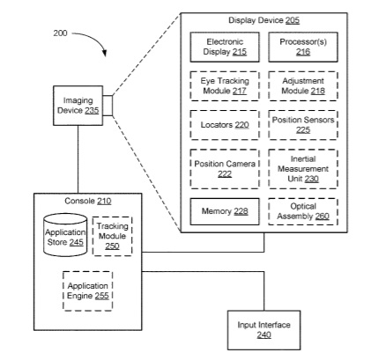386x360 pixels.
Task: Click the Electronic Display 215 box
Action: pos(225,47)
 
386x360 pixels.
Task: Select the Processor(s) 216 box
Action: pos(303,47)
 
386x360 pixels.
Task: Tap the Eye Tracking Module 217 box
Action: pos(225,86)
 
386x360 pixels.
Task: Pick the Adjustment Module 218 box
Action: pos(303,86)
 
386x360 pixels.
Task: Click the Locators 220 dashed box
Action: pos(225,125)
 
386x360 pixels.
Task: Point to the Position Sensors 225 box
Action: pos(303,125)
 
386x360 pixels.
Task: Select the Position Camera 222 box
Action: pos(225,169)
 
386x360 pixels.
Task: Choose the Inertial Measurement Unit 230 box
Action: pos(303,169)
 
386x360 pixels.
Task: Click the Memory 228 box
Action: pos(225,211)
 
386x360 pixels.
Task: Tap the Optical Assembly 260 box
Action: pos(303,211)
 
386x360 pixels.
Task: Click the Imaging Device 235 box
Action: pos(78,106)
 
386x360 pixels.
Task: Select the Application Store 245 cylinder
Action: pos(65,235)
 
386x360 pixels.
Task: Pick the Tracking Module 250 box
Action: pos(112,236)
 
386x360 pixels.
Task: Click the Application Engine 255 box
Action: pos(87,290)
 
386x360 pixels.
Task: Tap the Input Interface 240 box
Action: pos(264,330)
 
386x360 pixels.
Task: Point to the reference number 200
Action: pos(60,33)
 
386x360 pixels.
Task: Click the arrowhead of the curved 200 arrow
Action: pos(104,53)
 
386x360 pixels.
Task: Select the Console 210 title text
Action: pos(88,201)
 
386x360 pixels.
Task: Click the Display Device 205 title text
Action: pos(264,20)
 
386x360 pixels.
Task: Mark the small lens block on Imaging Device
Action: pos(108,106)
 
